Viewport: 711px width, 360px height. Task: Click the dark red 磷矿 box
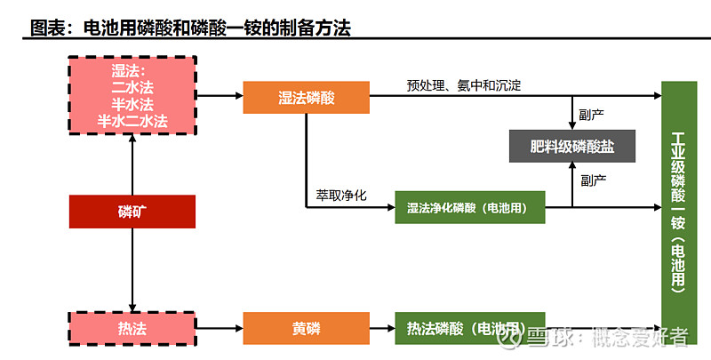[132, 212]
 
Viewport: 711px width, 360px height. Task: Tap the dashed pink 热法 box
[132, 329]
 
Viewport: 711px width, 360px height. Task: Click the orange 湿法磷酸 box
[306, 97]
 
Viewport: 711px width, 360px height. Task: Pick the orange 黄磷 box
[306, 329]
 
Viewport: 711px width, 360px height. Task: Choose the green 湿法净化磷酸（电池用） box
[469, 208]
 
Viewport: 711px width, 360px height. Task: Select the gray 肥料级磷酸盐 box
[572, 146]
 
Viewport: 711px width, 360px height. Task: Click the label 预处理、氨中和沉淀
[464, 85]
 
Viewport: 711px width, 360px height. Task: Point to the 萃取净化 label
[341, 194]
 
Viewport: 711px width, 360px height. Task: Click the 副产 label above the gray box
[594, 113]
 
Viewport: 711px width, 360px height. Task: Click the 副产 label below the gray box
[594, 180]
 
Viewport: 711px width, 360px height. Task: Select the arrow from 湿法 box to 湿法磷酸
[219, 93]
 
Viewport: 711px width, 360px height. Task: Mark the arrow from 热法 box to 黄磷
[219, 329]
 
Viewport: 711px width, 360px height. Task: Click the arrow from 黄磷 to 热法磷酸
[382, 329]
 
